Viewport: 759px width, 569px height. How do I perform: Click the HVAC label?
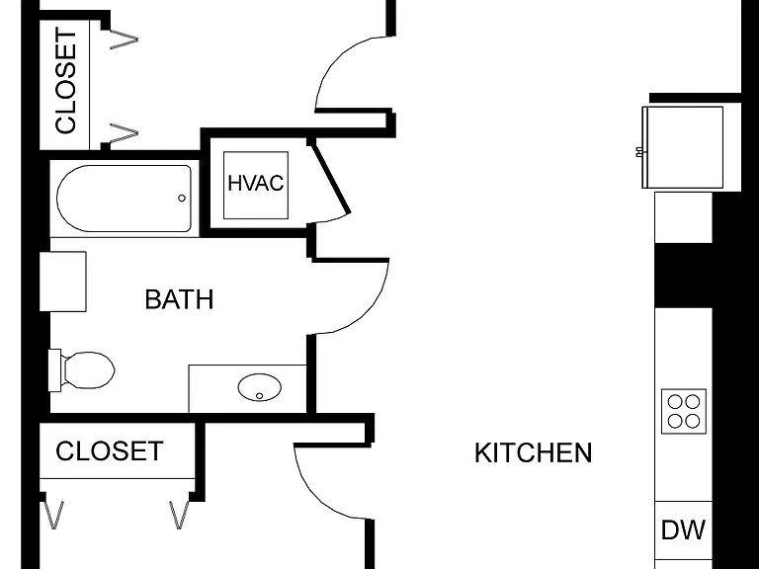point(256,184)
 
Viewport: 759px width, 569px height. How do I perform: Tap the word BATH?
point(179,299)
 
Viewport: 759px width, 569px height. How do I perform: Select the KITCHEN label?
point(533,453)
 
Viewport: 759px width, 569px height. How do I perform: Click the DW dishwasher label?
point(683,529)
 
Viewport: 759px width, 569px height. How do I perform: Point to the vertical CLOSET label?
point(66,81)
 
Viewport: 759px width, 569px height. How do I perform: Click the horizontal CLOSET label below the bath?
point(110,450)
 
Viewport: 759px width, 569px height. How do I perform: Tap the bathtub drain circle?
point(182,198)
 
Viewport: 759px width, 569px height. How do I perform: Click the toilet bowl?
point(89,370)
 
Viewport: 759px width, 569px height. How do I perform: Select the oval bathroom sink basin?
point(260,387)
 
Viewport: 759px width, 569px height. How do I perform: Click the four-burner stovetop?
point(684,411)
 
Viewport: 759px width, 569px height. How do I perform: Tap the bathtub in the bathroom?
point(125,199)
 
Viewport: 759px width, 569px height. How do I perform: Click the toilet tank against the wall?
point(54,370)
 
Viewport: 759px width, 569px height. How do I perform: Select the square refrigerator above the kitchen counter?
point(683,147)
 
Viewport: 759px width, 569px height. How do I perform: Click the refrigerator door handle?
point(639,152)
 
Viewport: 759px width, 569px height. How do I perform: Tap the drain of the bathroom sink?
point(260,396)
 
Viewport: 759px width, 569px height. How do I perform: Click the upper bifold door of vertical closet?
point(124,40)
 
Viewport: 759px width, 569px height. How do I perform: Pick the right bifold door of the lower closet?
point(179,515)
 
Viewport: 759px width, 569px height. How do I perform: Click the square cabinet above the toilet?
point(63,282)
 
